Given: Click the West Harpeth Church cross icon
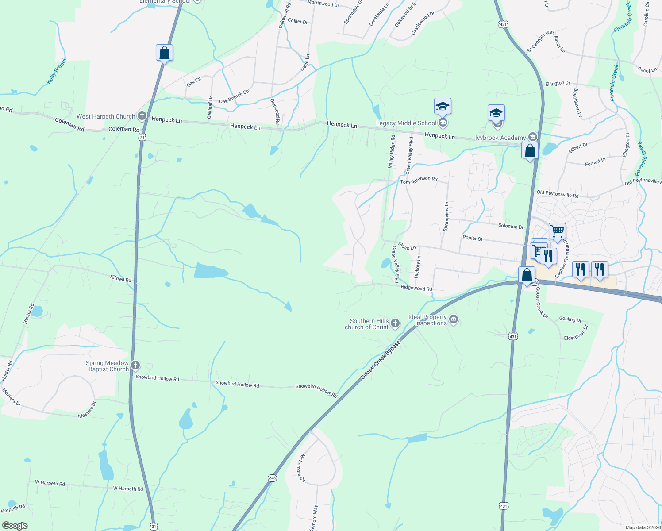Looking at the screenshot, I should tap(142, 116).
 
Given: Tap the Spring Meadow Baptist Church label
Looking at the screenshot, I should tap(108, 366).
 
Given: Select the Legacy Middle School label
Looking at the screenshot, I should tap(406, 123).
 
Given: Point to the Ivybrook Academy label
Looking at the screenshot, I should tap(500, 138).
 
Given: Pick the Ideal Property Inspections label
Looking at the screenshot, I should tap(427, 320).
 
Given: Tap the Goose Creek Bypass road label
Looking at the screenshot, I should tap(380, 359).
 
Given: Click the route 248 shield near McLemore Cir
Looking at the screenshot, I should tap(272, 478).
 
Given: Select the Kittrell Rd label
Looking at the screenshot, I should tap(121, 279).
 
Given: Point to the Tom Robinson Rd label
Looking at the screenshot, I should tap(419, 180).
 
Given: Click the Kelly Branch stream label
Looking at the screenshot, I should tap(57, 71).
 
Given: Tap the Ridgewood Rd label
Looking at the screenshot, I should tap(416, 288).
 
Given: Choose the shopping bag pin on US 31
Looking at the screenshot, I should tap(164, 53).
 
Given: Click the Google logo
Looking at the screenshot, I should tap(15, 525).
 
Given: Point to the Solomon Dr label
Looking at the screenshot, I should tap(511, 226).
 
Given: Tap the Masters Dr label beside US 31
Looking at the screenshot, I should tap(87, 410).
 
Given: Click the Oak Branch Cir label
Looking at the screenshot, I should tap(234, 97).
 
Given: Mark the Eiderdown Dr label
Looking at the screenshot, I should tap(576, 333).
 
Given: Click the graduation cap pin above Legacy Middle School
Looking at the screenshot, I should tap(443, 107).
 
